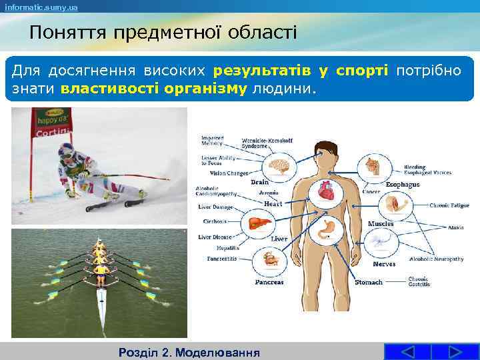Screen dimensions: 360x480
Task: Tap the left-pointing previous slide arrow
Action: click(408, 351)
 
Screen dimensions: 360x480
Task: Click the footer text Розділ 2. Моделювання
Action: click(189, 351)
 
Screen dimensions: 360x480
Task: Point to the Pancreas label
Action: click(269, 282)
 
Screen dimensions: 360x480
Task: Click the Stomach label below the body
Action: click(369, 282)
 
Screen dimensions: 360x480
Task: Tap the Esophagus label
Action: click(403, 184)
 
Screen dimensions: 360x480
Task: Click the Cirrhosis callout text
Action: click(215, 221)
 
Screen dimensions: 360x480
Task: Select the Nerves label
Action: click(384, 264)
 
